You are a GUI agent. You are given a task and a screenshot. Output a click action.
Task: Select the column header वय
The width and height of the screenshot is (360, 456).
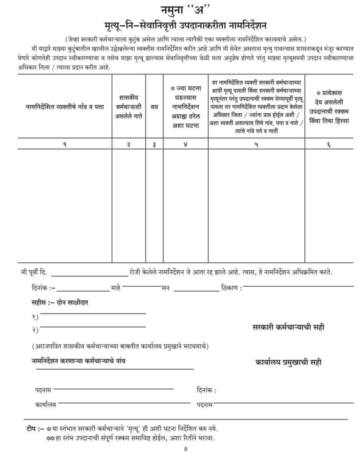154,106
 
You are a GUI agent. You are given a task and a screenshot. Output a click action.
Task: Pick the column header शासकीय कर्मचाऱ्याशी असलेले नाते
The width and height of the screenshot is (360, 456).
129,106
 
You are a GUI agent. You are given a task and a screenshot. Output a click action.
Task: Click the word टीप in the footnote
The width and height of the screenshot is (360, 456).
32,428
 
